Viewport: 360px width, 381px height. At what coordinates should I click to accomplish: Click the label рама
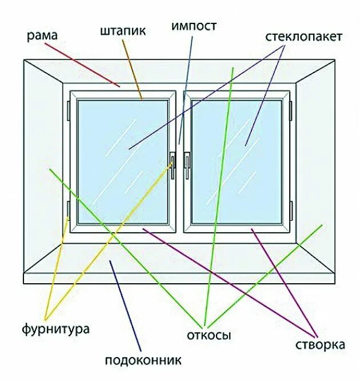42,37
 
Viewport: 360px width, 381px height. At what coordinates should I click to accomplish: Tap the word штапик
122,30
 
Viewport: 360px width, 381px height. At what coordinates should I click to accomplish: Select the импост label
194,26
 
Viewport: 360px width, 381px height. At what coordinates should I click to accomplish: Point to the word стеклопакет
303,37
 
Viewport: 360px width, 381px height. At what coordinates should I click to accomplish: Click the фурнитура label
56,330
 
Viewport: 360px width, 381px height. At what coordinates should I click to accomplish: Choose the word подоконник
143,360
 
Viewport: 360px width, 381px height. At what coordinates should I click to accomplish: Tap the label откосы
209,335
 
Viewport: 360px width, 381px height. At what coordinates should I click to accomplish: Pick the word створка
320,345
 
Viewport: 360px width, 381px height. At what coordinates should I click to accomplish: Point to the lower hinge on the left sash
69,211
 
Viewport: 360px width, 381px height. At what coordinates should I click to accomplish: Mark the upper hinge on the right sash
291,110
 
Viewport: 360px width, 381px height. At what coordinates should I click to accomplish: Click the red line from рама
86,67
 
